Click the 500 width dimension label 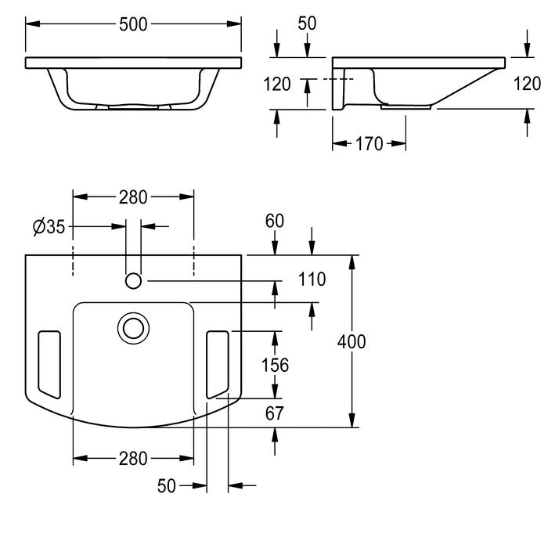(x=133, y=24)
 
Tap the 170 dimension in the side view (x=369, y=143)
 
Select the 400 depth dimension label (x=352, y=341)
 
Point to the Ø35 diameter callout (x=49, y=226)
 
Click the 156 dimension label (x=275, y=366)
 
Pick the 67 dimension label (x=274, y=413)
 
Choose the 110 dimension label (x=312, y=279)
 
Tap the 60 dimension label (x=274, y=221)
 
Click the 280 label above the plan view (x=133, y=197)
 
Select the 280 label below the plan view (x=133, y=459)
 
